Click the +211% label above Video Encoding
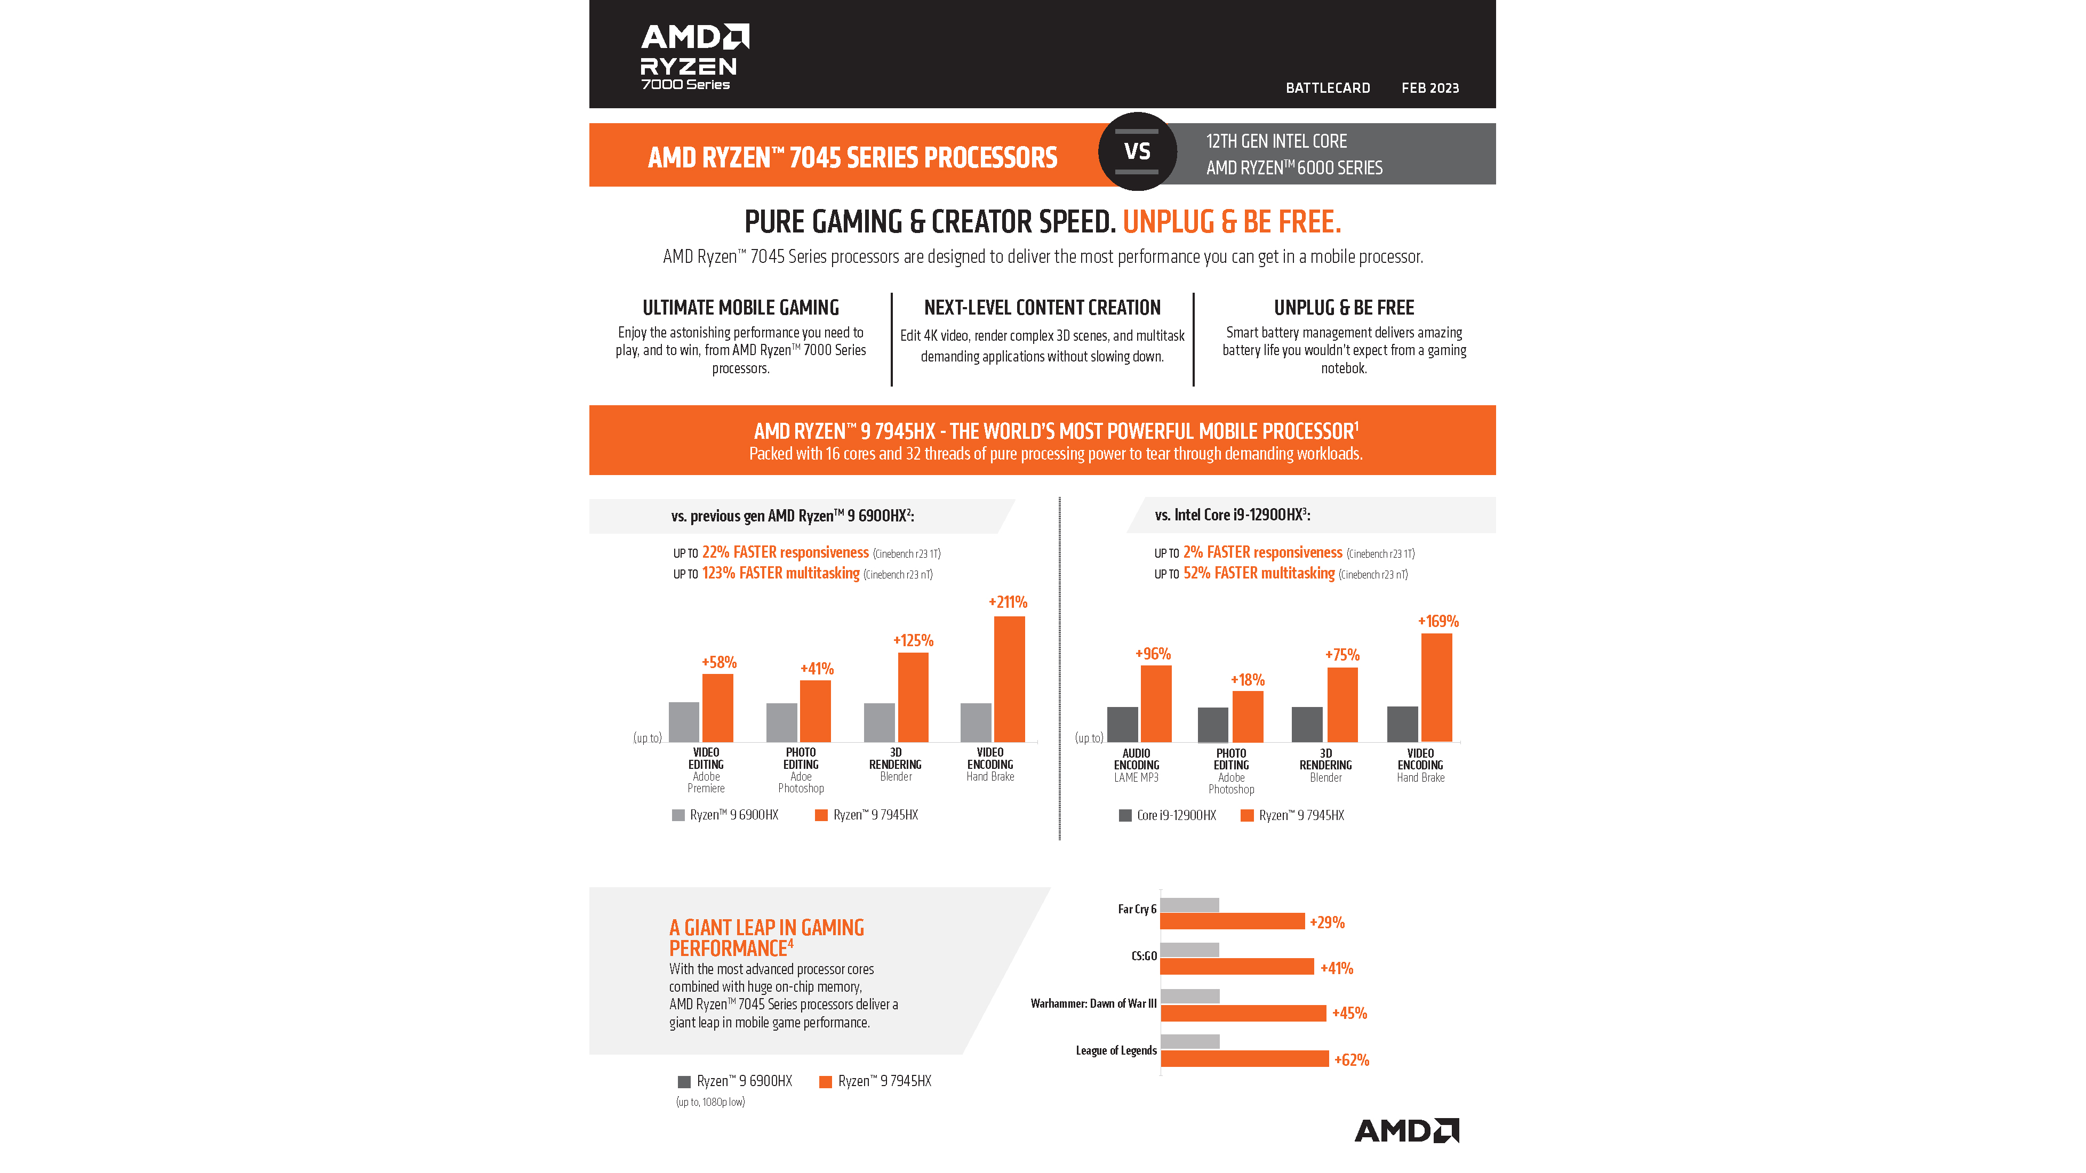(x=1008, y=602)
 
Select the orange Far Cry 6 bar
(x=1232, y=921)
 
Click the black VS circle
(x=1137, y=151)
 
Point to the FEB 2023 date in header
(x=1430, y=88)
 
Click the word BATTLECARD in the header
(x=1327, y=88)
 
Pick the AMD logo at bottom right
(x=1406, y=1131)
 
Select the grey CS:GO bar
(x=1189, y=950)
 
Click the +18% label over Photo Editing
(x=1247, y=680)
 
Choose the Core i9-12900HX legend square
(x=1125, y=816)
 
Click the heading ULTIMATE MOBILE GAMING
(x=740, y=308)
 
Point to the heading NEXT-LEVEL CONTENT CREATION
(x=1042, y=308)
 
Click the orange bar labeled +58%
(x=717, y=709)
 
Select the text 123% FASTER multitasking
(x=781, y=573)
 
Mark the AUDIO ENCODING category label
(x=1136, y=759)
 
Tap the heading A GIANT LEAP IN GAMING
(x=766, y=928)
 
